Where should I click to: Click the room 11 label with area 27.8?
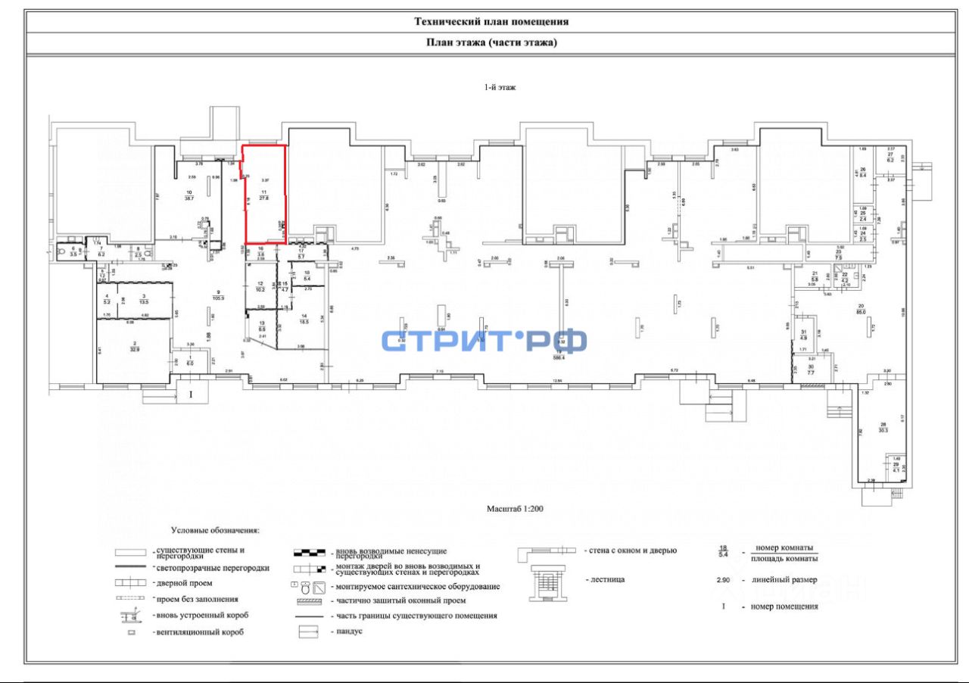(264, 195)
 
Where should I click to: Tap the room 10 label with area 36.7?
(189, 195)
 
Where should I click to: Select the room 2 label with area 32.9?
(135, 348)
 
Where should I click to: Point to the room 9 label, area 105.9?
(217, 295)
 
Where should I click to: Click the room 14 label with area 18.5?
(304, 319)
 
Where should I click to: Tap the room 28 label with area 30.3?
(882, 427)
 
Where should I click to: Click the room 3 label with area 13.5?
(144, 298)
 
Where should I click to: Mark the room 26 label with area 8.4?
(862, 172)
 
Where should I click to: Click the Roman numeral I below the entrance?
(192, 395)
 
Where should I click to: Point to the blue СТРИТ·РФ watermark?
(484, 341)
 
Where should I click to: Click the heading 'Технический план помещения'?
(491, 22)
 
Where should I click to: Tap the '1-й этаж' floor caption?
(500, 88)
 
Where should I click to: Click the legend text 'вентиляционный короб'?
(198, 632)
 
